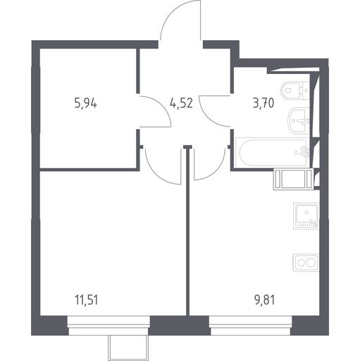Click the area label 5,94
(x=85, y=104)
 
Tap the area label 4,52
(x=182, y=104)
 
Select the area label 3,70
(x=263, y=104)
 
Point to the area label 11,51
(x=86, y=300)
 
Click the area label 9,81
(x=265, y=300)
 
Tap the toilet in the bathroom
(x=295, y=91)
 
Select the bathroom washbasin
(x=299, y=121)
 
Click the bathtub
(x=273, y=152)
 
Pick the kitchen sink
(x=306, y=216)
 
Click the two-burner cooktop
(x=306, y=263)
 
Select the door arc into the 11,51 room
(x=155, y=173)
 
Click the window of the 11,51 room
(x=108, y=325)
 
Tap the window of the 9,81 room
(x=251, y=325)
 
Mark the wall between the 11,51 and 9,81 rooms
(x=187, y=231)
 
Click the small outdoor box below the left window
(x=128, y=347)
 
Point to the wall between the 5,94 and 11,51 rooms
(x=89, y=169)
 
